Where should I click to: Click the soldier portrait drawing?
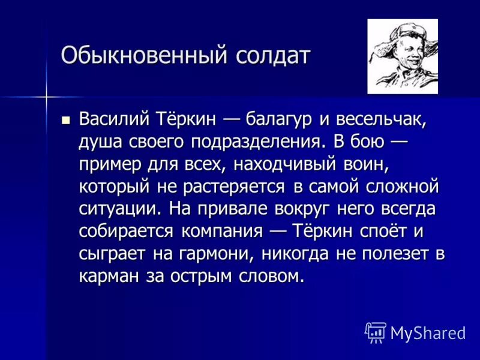coord(403,56)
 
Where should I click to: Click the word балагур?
coord(279,119)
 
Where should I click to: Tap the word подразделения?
coord(260,142)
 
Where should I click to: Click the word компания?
coord(220,231)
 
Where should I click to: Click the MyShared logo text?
coord(427,332)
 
